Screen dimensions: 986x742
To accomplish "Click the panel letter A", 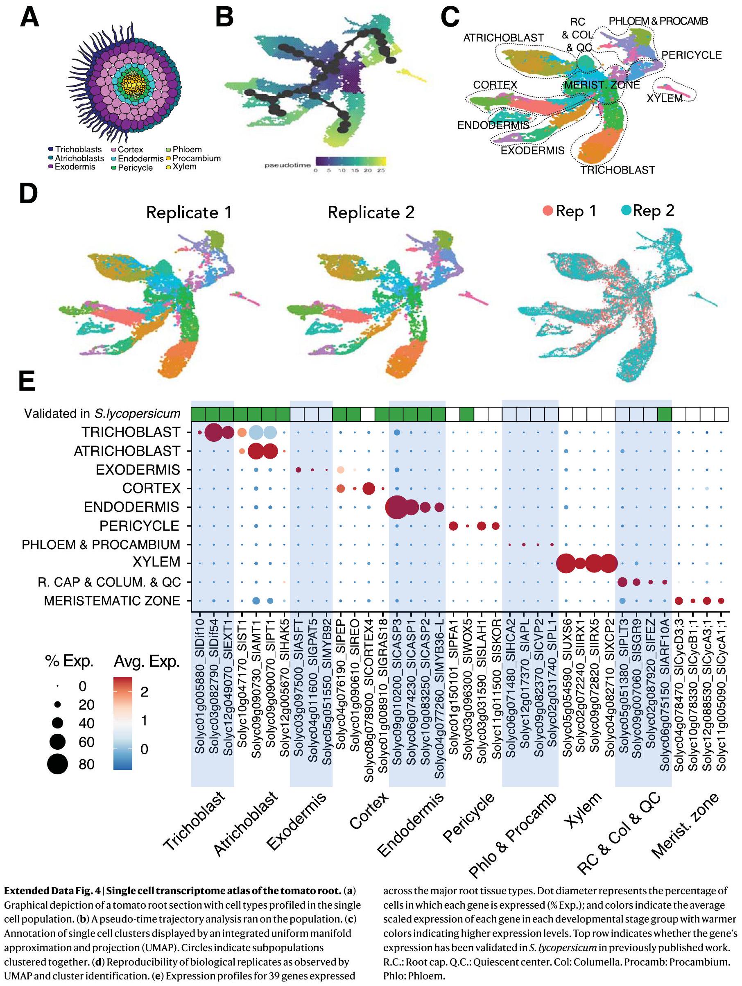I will click(29, 18).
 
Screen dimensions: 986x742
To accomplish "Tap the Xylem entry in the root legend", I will click(184, 167).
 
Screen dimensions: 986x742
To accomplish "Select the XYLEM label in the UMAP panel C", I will click(665, 99).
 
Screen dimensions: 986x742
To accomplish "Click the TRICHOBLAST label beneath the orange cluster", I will click(617, 170).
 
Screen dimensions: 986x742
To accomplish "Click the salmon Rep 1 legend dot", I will click(548, 210).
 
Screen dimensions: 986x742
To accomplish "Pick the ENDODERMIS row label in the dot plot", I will click(131, 507).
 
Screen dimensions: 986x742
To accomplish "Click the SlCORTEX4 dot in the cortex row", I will click(369, 488).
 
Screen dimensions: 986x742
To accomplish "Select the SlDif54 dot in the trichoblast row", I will click(213, 432).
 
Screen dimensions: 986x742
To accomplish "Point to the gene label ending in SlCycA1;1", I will click(722, 695).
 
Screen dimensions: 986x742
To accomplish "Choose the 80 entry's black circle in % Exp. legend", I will click(57, 764).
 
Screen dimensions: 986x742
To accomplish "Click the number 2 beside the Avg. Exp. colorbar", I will click(144, 692).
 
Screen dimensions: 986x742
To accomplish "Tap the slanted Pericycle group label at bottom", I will click(468, 819).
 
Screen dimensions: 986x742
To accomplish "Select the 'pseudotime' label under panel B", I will click(287, 165).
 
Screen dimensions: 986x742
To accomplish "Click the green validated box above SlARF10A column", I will click(665, 414).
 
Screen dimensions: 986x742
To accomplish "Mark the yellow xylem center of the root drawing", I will click(133, 84).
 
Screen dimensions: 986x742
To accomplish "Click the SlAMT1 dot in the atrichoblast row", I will click(256, 451).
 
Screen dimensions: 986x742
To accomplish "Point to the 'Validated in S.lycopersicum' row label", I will click(102, 414).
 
